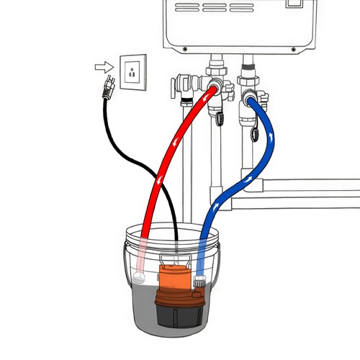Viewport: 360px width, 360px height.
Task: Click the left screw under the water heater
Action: point(185,49)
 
